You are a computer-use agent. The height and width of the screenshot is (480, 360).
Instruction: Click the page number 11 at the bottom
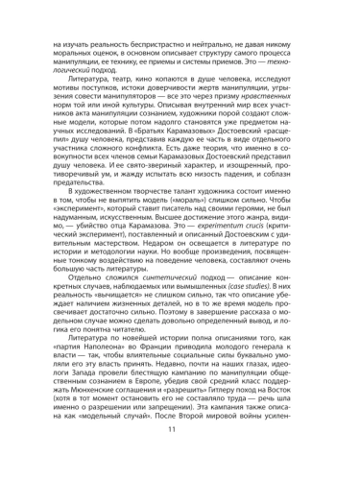[180, 455]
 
